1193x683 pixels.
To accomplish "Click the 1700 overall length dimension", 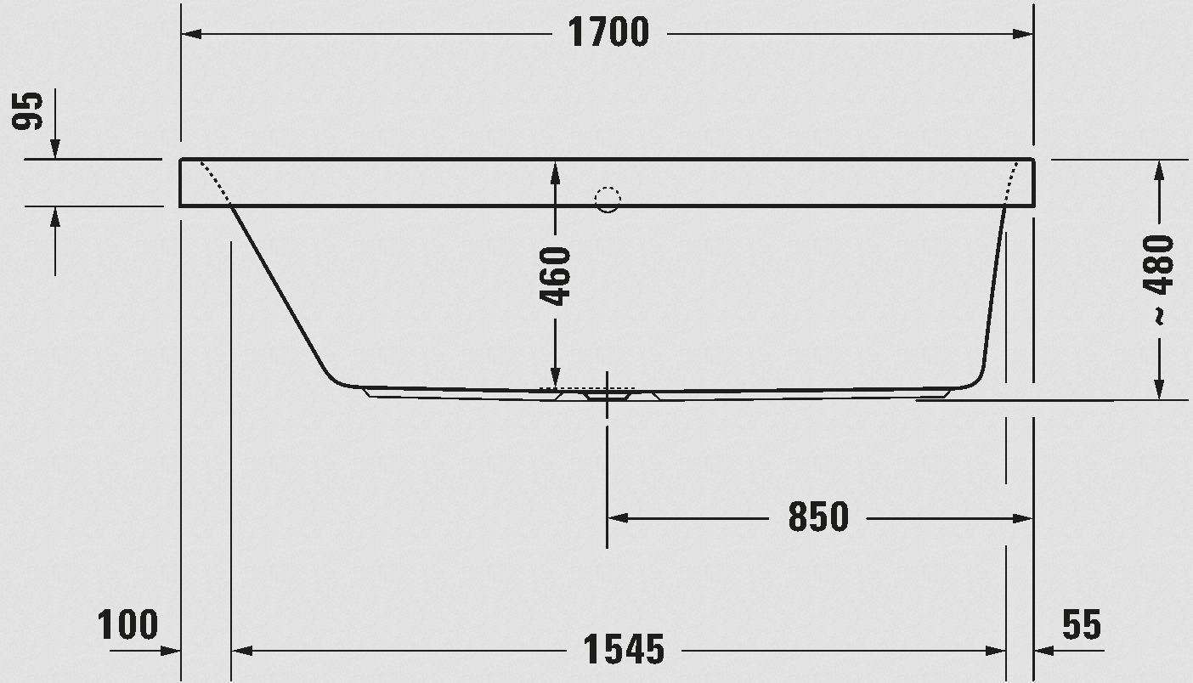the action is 608,32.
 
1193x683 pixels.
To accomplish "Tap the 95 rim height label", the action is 27,110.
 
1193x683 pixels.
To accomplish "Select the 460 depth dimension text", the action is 555,276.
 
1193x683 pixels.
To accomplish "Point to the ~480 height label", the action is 1158,280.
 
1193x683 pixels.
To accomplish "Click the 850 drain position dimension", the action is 818,516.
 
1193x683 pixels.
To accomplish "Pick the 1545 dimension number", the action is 624,649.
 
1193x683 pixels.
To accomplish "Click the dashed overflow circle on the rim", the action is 608,200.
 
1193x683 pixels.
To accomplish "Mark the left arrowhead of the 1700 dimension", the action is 191,34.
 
